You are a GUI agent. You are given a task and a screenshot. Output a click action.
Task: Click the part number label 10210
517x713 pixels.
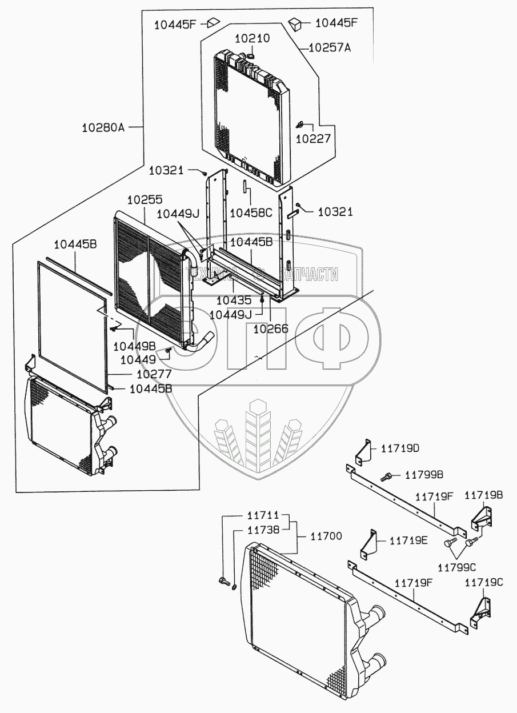click(x=252, y=38)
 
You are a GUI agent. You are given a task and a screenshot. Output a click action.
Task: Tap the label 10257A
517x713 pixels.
click(x=329, y=48)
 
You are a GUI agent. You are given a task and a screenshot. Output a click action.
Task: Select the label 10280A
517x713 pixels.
click(x=103, y=127)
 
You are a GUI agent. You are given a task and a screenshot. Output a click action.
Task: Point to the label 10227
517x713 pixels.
click(x=313, y=138)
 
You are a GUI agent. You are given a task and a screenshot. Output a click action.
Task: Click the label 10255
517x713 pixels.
click(x=145, y=200)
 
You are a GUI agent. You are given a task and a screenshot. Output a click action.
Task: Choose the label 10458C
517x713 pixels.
click(x=251, y=213)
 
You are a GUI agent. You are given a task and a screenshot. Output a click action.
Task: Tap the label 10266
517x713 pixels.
click(x=270, y=329)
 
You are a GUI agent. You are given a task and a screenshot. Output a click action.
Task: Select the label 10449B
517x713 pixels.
click(x=134, y=346)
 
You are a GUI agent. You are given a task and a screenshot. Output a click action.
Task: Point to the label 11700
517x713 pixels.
click(x=326, y=536)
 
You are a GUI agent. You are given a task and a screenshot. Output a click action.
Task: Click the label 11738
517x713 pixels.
click(x=263, y=530)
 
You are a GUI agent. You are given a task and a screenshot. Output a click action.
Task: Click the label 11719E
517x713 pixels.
click(x=408, y=540)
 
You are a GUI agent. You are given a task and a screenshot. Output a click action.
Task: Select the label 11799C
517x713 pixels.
click(x=457, y=567)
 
